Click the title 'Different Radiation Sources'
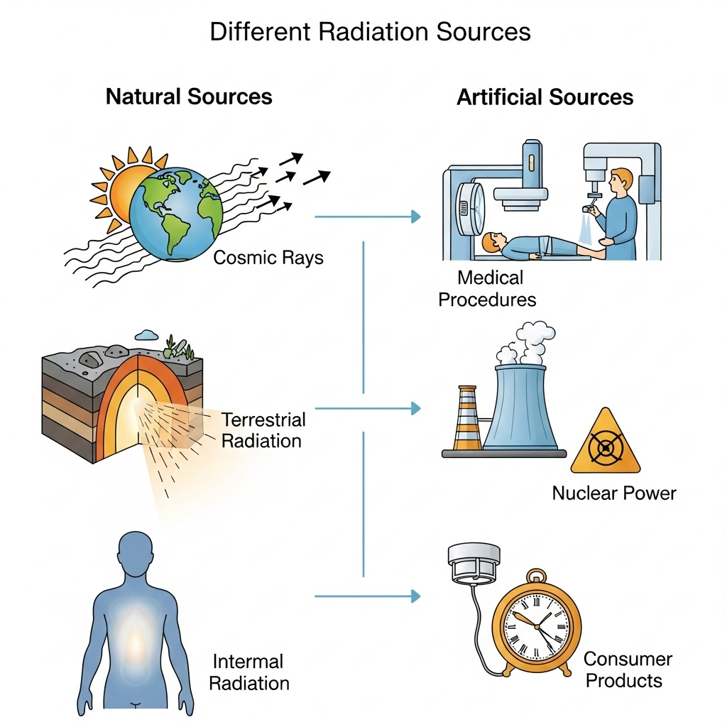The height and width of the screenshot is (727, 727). [x=370, y=33]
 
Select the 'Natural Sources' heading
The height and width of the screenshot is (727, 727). [x=189, y=97]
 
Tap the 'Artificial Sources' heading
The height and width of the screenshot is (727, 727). [x=545, y=97]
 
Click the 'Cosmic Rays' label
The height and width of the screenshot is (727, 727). [x=268, y=257]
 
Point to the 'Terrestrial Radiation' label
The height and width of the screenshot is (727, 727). [x=263, y=430]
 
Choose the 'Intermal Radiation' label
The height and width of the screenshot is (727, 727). [x=251, y=672]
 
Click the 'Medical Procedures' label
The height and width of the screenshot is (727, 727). [x=487, y=288]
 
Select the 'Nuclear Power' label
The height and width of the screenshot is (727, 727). [x=614, y=493]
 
